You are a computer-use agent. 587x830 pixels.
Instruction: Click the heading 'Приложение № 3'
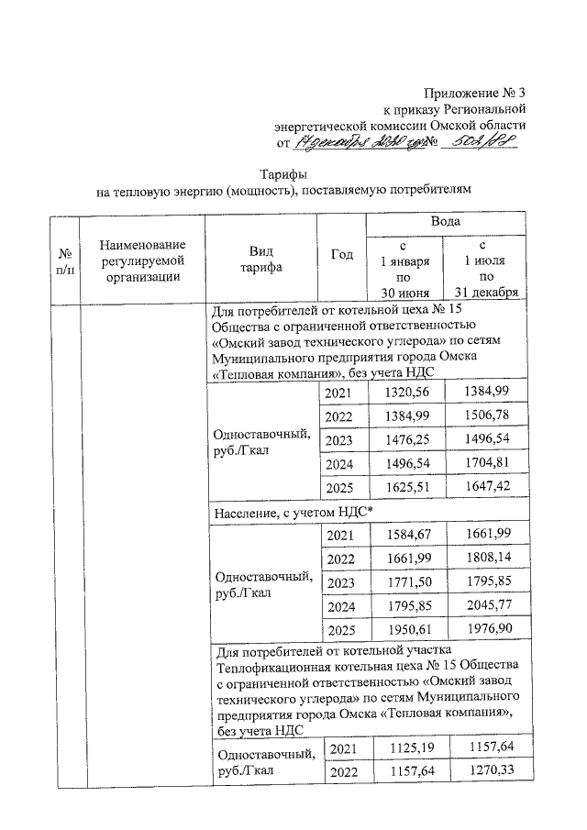tap(474, 93)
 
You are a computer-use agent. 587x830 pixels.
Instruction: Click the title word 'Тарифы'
tap(282, 174)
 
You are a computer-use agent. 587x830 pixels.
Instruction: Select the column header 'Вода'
tap(446, 222)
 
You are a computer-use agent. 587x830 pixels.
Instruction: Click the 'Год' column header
tap(341, 256)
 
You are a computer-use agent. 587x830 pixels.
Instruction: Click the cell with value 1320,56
tap(403, 392)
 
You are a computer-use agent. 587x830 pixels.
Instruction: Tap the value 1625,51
tap(403, 488)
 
